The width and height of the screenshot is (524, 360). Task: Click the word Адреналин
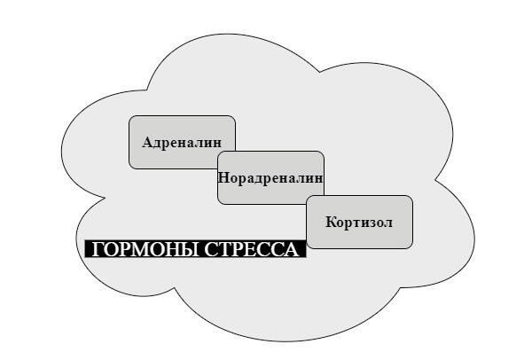(x=182, y=143)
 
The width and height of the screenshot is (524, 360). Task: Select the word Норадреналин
(x=270, y=178)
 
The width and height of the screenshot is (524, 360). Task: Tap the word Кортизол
(x=359, y=223)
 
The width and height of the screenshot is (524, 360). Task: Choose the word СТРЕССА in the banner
(x=252, y=249)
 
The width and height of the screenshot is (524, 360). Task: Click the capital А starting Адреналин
(x=147, y=143)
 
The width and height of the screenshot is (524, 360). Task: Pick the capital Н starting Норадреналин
(x=223, y=177)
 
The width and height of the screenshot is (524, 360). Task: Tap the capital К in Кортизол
(x=332, y=222)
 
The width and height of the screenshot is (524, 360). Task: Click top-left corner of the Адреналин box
(x=129, y=116)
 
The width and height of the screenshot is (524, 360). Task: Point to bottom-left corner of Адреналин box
(x=129, y=168)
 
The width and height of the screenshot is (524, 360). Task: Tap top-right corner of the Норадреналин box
(x=324, y=152)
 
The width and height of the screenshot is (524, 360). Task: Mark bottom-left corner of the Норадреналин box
(x=218, y=204)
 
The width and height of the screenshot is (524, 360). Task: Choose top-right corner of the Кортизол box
(x=412, y=196)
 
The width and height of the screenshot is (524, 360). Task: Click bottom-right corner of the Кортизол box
(x=412, y=248)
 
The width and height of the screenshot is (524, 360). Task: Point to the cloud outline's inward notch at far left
(x=106, y=198)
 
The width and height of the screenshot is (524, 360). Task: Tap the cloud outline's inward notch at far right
(x=434, y=180)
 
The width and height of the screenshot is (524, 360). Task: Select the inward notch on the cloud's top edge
(x=320, y=72)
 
